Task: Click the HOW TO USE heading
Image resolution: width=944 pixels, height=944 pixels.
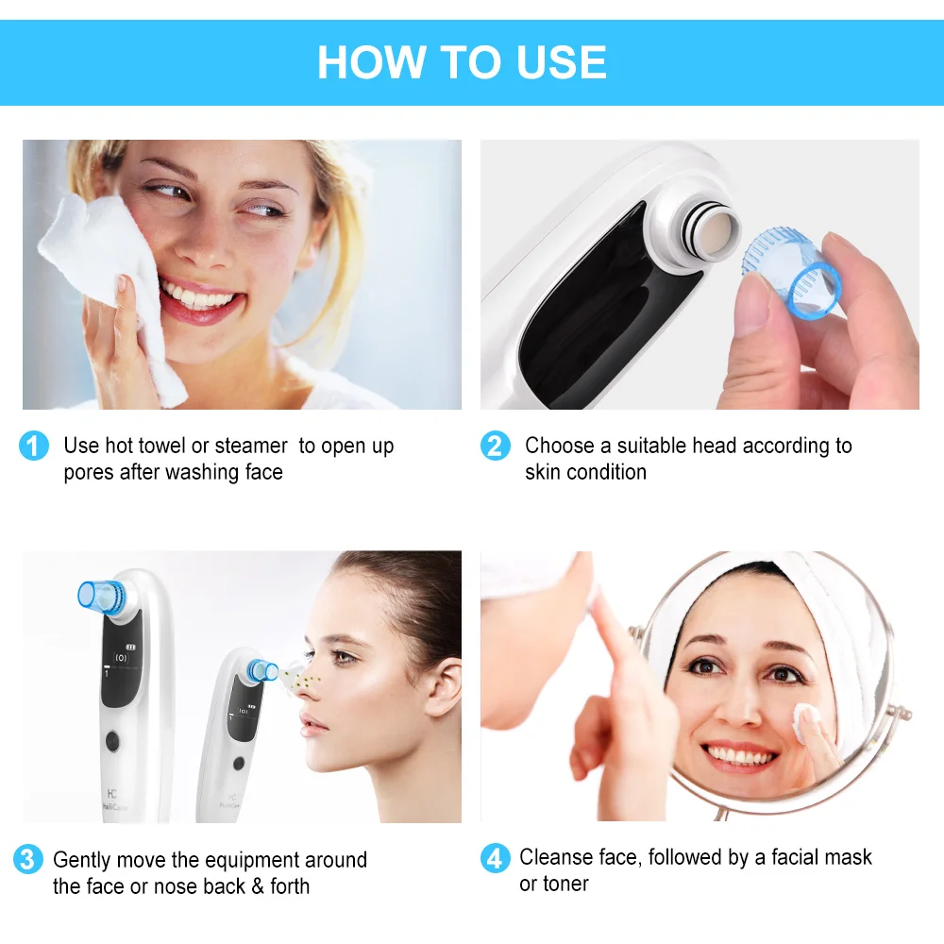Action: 462,62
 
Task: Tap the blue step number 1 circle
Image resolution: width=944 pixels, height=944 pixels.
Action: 33,446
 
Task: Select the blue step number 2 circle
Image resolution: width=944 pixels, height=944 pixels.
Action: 495,446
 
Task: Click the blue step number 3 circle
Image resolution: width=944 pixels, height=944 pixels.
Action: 28,860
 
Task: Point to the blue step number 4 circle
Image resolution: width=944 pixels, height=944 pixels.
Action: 495,858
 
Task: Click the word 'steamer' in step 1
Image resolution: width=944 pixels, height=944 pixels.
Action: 251,446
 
